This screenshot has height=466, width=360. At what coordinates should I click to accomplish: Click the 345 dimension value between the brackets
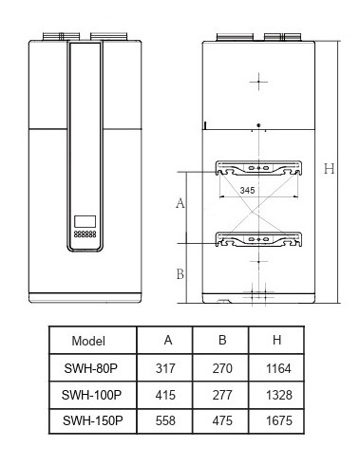click(x=247, y=190)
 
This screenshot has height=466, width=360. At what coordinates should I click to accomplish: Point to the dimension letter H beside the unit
click(x=329, y=169)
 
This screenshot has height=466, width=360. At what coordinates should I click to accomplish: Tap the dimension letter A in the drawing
click(x=180, y=203)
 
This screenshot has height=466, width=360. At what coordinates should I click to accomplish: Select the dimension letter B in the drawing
click(x=180, y=274)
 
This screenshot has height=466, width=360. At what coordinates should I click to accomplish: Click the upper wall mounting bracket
click(x=258, y=168)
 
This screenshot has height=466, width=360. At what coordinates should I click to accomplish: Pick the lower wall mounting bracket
click(x=258, y=239)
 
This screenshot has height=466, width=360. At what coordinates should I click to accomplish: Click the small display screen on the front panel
click(x=85, y=221)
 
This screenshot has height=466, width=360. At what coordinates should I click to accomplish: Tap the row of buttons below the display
click(x=85, y=234)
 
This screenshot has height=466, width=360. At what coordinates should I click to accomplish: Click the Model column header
click(x=88, y=341)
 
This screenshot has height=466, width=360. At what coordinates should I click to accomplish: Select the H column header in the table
click(x=276, y=340)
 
